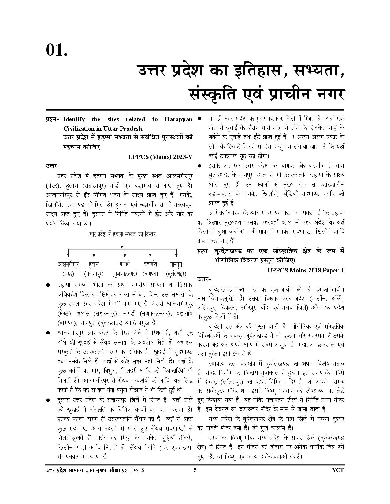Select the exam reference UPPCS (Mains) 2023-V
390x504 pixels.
click(160, 156)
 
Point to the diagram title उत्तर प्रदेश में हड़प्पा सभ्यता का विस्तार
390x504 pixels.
click(122, 234)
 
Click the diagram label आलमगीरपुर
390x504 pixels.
click(68, 264)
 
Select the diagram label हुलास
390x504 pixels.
click(94, 264)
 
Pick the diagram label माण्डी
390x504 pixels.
click(124, 264)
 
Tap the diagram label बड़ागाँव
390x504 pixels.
click(150, 264)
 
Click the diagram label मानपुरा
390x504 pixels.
click(176, 264)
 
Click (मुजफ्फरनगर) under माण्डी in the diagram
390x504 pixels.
click(124, 274)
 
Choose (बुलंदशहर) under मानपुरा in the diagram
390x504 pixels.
click(176, 274)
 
